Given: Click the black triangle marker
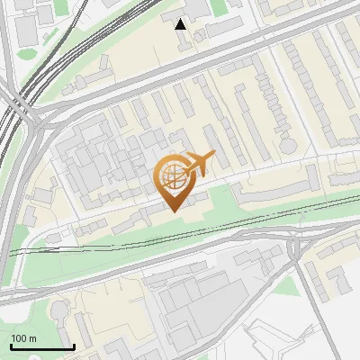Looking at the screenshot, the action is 181,24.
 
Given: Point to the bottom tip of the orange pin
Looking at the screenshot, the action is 173,210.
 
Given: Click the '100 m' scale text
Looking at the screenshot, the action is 23,338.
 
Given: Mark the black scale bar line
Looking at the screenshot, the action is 41,346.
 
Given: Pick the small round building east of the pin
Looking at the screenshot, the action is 287,144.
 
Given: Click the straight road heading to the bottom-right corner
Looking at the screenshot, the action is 329,315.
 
